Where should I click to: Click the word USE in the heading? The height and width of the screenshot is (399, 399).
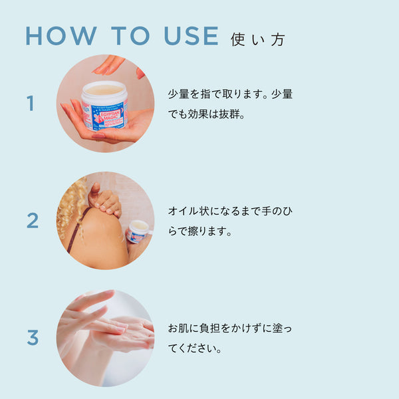[x=192, y=36]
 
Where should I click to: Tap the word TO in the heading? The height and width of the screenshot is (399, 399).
[x=130, y=36]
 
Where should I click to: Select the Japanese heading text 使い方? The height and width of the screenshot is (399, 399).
[x=257, y=40]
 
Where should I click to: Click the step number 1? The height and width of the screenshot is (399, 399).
[x=31, y=103]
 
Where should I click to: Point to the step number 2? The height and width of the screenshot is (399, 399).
[x=33, y=220]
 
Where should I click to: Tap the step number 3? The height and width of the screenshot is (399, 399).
[x=33, y=337]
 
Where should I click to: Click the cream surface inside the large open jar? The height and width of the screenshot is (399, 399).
[x=104, y=90]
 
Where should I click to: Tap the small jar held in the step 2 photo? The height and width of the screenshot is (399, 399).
[x=137, y=231]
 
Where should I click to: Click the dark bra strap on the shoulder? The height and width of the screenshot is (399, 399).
[x=78, y=229]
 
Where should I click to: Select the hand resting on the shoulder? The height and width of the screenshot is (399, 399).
[x=104, y=199]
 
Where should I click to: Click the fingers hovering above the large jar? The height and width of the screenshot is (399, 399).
[x=109, y=65]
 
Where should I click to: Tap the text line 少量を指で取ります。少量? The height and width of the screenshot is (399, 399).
[x=230, y=94]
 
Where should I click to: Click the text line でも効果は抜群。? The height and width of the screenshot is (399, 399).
[x=206, y=114]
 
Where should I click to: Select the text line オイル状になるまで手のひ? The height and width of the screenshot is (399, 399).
[x=230, y=211]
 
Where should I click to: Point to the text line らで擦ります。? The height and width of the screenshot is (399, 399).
[x=200, y=231]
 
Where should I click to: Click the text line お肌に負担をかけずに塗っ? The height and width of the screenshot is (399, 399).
[x=230, y=328]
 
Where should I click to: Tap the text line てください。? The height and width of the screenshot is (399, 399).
[x=195, y=348]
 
